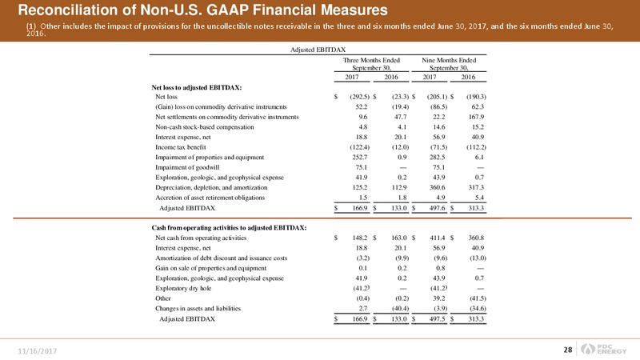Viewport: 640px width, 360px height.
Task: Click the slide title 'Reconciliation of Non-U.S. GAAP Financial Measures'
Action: pyautogui.click(x=203, y=10)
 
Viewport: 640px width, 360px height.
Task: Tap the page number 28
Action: pyautogui.click(x=568, y=350)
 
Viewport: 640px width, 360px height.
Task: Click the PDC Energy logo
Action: pyautogui.click(x=604, y=349)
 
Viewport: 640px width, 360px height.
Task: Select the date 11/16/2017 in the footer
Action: pyautogui.click(x=37, y=351)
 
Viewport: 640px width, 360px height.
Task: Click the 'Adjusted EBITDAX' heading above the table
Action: pyautogui.click(x=318, y=50)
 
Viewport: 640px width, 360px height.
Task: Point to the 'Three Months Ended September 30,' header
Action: pyautogui.click(x=371, y=64)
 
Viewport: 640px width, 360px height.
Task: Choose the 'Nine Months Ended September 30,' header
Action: pyautogui.click(x=449, y=64)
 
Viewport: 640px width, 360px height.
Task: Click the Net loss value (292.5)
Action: pyautogui.click(x=359, y=97)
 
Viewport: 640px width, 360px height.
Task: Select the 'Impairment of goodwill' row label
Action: pyautogui.click(x=187, y=167)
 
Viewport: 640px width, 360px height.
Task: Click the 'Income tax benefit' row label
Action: pyautogui.click(x=181, y=147)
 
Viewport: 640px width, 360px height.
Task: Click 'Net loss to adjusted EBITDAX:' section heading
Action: pyautogui.click(x=196, y=87)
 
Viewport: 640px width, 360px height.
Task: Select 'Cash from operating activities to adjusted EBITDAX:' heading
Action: pyautogui.click(x=229, y=228)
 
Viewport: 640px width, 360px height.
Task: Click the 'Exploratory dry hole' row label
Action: pyautogui.click(x=183, y=288)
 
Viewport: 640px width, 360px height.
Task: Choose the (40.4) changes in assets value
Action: pyautogui.click(x=400, y=309)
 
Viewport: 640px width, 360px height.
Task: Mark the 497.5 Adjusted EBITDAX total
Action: pyautogui.click(x=437, y=319)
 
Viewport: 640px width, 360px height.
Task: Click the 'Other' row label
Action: pyautogui.click(x=163, y=298)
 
